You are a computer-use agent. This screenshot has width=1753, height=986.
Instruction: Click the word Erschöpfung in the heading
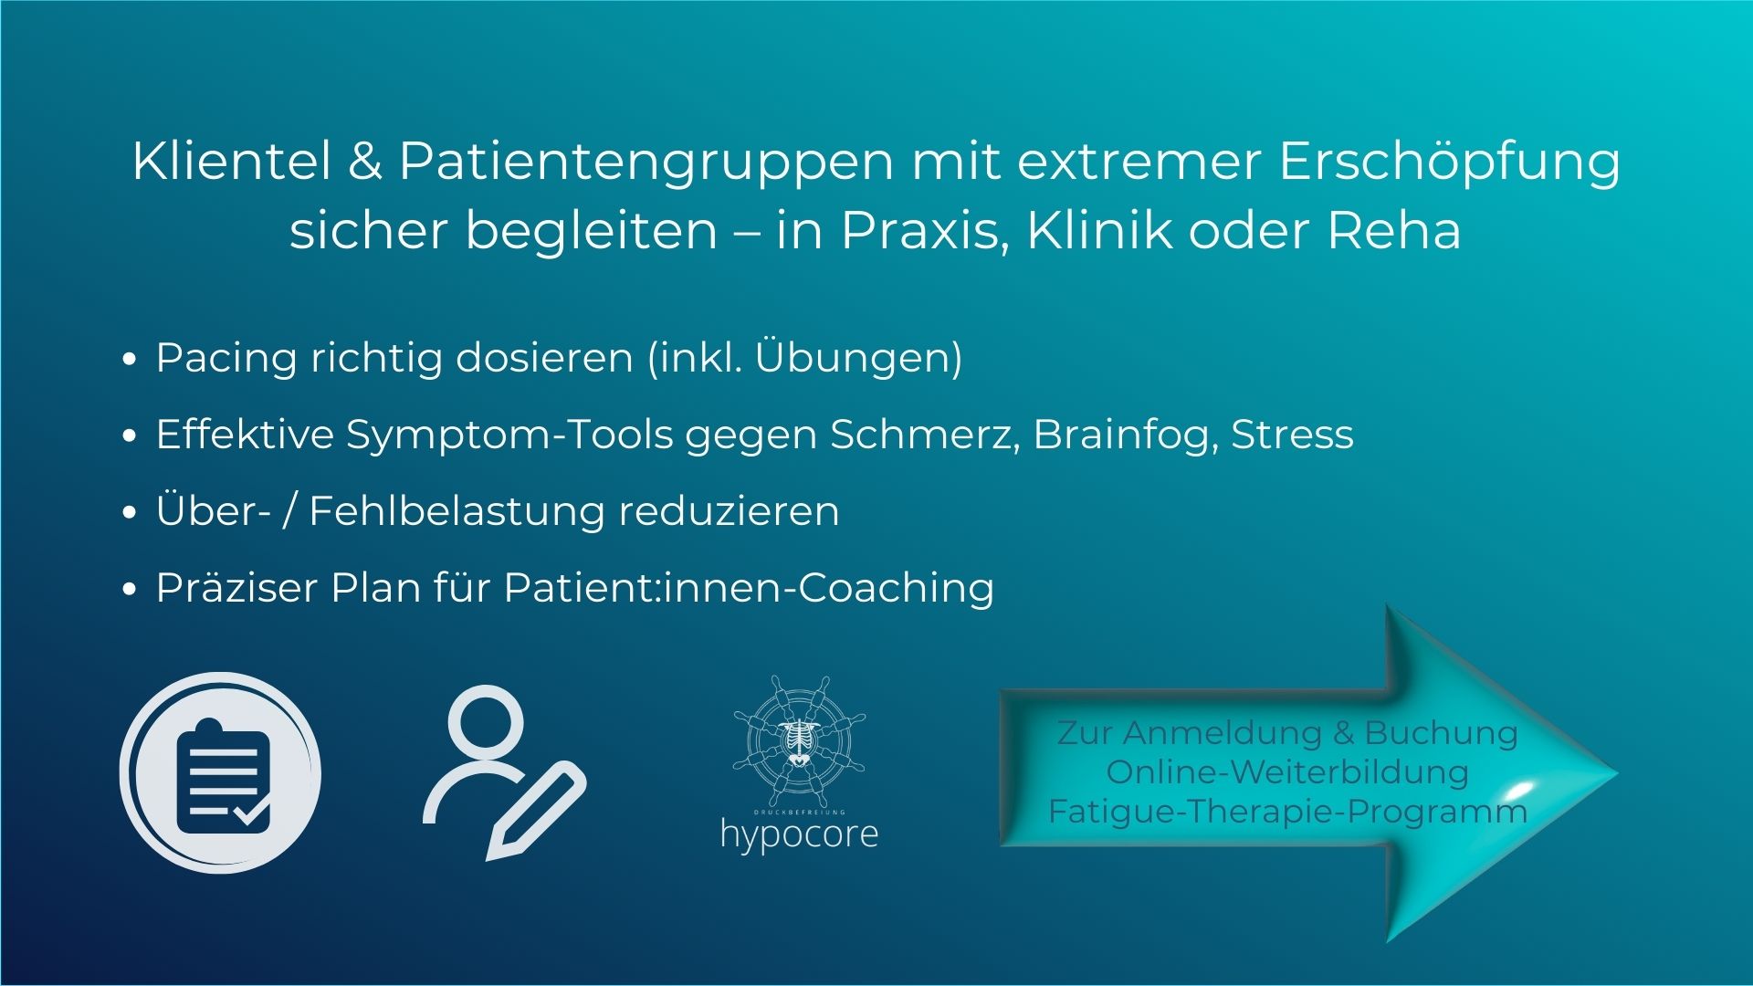click(x=1450, y=163)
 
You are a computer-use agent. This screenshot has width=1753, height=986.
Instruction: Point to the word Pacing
click(x=226, y=358)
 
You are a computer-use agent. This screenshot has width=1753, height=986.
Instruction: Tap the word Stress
click(x=1292, y=435)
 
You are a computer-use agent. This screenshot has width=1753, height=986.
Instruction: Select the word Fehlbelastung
click(x=457, y=511)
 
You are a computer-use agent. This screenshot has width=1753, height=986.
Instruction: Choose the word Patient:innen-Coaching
click(x=749, y=588)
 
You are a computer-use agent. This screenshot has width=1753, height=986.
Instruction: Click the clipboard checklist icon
click(x=221, y=772)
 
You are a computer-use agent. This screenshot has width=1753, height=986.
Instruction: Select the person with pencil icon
click(x=502, y=771)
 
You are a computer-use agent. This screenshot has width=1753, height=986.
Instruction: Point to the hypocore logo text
click(x=799, y=834)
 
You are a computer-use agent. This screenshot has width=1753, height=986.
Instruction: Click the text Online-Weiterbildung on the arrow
click(x=1287, y=772)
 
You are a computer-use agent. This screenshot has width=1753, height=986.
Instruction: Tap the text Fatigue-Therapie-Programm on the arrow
click(x=1287, y=812)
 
